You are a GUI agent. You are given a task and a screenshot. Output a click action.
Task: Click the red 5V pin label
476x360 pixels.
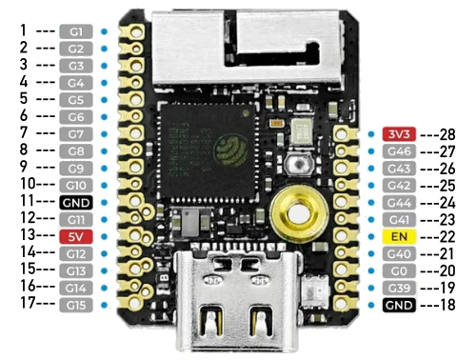pyautogui.click(x=76, y=236)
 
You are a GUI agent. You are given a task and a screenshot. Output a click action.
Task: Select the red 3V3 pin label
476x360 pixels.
pyautogui.click(x=399, y=134)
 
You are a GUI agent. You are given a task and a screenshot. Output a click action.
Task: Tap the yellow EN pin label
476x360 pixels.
pyautogui.click(x=399, y=236)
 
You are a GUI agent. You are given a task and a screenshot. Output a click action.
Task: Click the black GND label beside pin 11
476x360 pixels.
pyautogui.click(x=76, y=203)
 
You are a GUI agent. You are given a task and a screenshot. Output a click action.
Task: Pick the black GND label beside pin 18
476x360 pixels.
pyautogui.click(x=399, y=305)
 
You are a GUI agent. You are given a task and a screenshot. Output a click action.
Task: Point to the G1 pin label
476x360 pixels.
pyautogui.click(x=76, y=31)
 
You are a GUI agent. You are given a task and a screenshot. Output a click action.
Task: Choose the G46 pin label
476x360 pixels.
pyautogui.click(x=399, y=151)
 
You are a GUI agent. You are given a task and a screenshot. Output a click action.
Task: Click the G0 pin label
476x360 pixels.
pyautogui.click(x=399, y=270)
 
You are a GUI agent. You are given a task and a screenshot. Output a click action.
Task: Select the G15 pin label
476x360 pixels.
pyautogui.click(x=76, y=305)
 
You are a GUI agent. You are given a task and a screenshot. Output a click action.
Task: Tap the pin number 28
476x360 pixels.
pyautogui.click(x=447, y=134)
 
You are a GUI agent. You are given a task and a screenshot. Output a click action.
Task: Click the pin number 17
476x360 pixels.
pyautogui.click(x=28, y=303)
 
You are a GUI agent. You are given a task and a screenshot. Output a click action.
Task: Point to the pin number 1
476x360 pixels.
pyautogui.click(x=23, y=30)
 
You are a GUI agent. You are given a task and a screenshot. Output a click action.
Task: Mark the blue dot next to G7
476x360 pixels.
pyautogui.click(x=104, y=134)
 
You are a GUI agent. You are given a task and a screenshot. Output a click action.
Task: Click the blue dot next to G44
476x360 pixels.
pyautogui.click(x=371, y=203)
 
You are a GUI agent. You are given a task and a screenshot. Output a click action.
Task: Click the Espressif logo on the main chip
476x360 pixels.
pyautogui.click(x=230, y=150)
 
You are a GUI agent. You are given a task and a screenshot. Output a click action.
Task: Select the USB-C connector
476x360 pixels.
pyautogui.click(x=238, y=298)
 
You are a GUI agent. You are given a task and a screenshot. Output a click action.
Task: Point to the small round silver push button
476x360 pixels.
pyautogui.click(x=299, y=164)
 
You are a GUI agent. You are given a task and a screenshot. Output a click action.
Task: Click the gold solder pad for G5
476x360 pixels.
pyautogui.click(x=134, y=100)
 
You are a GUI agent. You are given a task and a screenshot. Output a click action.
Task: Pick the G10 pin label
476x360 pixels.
pyautogui.click(x=76, y=186)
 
